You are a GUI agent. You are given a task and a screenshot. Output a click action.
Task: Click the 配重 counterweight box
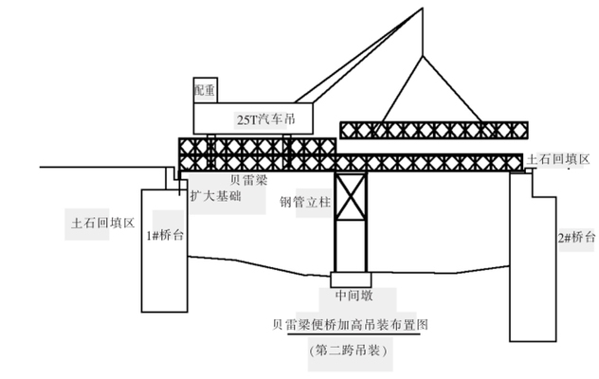(x=206, y=89)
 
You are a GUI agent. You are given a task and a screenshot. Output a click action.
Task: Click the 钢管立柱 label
(x=301, y=202)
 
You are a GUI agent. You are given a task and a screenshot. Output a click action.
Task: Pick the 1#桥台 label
(x=164, y=235)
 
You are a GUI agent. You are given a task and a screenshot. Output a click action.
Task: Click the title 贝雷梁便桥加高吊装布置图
(x=349, y=324)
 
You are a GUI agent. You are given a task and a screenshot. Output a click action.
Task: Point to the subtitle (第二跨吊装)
(x=349, y=351)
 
